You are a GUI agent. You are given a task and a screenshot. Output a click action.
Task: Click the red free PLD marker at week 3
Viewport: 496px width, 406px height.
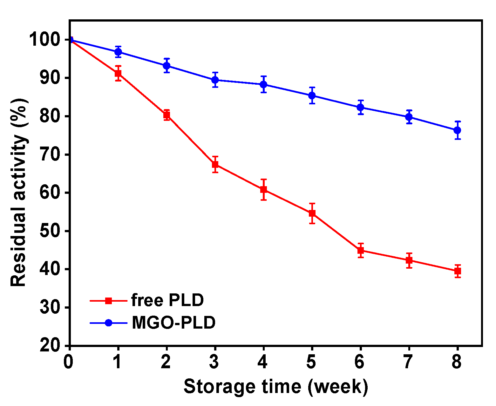215,164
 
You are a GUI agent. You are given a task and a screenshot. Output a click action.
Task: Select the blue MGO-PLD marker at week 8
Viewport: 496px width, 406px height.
457,130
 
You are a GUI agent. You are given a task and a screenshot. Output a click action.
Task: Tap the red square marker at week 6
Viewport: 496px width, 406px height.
360,250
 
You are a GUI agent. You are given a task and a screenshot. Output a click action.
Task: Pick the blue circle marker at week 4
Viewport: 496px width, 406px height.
263,84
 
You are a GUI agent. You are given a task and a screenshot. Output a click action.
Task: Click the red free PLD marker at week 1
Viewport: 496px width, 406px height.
118,73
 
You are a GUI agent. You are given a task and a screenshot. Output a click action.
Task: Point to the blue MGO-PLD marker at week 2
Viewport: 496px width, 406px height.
166,66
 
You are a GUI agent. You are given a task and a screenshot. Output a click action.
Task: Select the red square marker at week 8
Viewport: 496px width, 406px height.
457,271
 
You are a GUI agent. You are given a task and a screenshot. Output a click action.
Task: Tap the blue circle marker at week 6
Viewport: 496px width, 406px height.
360,107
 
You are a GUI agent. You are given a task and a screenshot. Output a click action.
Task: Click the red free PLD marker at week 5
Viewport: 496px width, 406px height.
312,213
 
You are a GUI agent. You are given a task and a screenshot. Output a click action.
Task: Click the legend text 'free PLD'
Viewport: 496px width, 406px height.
167,300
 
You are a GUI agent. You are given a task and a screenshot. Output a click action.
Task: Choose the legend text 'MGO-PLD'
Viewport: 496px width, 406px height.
173,323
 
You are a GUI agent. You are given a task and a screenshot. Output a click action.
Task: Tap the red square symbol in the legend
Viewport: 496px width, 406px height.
109,300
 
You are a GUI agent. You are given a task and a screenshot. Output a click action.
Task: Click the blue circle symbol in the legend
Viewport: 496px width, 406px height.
109,323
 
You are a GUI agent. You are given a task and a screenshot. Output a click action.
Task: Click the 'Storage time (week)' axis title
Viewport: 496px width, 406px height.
276,386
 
